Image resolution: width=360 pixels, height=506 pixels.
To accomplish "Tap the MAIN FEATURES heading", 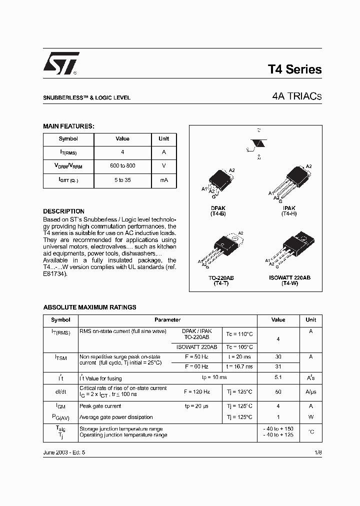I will [x=68, y=126].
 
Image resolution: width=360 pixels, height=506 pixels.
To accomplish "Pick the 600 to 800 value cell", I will [x=122, y=166].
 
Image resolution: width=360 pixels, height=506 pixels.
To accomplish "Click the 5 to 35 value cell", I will [x=122, y=180].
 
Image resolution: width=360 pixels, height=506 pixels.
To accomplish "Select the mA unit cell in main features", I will [x=163, y=180].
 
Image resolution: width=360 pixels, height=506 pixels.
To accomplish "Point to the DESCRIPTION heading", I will [x=63, y=211].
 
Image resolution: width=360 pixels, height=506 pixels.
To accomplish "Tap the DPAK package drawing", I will [x=218, y=179].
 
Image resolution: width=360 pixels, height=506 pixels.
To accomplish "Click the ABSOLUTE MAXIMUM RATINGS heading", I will [x=89, y=307].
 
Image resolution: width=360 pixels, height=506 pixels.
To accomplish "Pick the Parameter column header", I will [x=167, y=320].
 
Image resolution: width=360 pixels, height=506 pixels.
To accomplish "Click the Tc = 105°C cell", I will [x=238, y=347].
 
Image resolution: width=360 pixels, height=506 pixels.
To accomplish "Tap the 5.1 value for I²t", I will [x=278, y=378].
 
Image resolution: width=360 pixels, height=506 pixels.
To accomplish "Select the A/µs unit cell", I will [x=311, y=391].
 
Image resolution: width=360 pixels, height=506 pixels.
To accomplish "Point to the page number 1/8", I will [x=318, y=452].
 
